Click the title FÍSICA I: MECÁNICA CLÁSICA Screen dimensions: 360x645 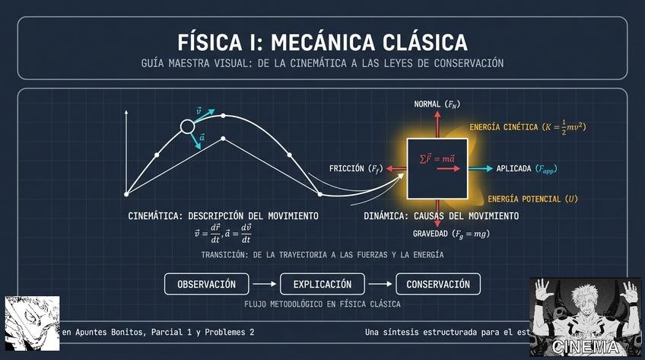point(322,40)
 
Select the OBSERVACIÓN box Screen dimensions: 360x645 point(206,285)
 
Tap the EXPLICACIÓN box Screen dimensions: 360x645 point(323,285)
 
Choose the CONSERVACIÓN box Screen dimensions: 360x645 point(438,285)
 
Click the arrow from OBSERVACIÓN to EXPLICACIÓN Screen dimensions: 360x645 point(264,285)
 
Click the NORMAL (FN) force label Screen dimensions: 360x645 point(437,104)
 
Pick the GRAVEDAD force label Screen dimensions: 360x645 point(451,234)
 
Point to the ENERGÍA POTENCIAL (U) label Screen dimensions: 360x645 point(532,199)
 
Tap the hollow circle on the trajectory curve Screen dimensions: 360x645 point(187,127)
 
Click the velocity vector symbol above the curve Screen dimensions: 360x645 point(199,111)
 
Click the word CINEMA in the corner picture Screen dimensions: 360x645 point(585,347)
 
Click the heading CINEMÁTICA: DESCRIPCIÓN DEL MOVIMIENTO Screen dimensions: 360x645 point(223,216)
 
